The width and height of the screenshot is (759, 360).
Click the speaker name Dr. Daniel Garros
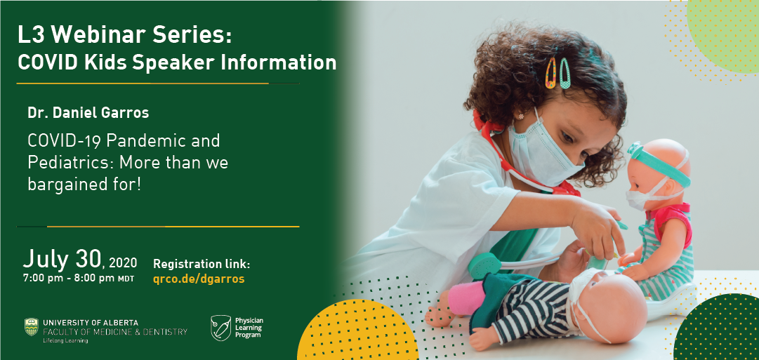coord(88,113)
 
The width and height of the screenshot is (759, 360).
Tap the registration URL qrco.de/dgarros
coord(199,279)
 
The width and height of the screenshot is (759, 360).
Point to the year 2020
coord(123,263)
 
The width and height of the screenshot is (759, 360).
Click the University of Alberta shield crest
coord(32,326)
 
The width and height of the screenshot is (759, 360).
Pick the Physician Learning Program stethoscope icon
coord(220,328)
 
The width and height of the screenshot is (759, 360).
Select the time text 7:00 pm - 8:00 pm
coord(69,278)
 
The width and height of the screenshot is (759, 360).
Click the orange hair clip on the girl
coord(551,73)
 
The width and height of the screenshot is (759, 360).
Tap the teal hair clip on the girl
coord(565,73)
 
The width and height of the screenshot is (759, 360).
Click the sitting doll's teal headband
coord(659,164)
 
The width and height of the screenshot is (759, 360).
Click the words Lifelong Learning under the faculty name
coord(65,340)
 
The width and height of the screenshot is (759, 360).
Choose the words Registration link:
coord(202,264)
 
